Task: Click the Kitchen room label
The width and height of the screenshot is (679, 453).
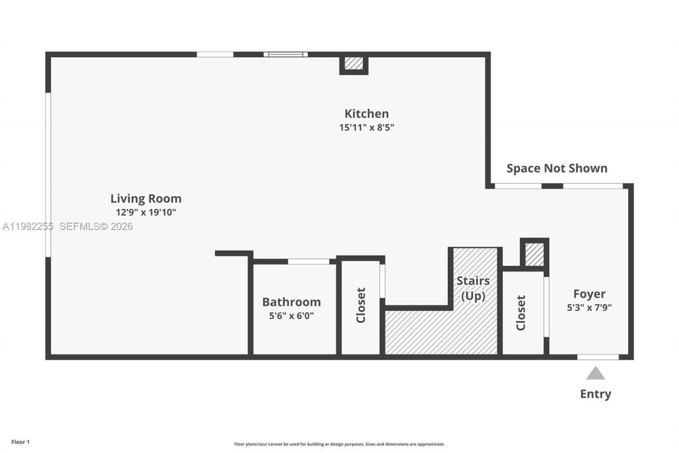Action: coord(367,114)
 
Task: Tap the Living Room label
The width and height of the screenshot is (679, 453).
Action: coord(146,199)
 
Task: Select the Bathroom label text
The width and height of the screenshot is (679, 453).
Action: coord(291,302)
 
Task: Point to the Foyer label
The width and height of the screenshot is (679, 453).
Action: coord(589,294)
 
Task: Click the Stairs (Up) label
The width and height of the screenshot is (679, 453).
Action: coord(473,288)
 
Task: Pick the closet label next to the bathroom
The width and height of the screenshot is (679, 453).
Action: coord(361,305)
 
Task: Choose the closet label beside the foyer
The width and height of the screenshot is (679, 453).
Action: coord(521,313)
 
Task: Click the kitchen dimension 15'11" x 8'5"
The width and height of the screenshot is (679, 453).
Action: coord(367,127)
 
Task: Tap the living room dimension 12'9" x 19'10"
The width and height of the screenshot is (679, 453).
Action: coord(146,212)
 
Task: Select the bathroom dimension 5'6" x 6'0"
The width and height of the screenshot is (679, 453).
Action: coord(291,315)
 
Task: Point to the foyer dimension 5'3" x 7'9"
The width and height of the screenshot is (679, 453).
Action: coord(589,307)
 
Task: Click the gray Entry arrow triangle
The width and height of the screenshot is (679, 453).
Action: coord(595,373)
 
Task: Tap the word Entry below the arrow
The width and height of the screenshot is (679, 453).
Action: coord(595,394)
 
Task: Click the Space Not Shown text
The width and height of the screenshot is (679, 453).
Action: coord(556,168)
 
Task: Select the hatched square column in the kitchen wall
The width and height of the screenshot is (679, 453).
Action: coord(354,64)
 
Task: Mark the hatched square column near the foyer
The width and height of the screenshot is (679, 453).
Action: coord(535,254)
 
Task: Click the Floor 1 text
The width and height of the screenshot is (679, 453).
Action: coord(21,442)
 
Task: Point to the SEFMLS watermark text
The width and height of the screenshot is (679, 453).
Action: coord(95,226)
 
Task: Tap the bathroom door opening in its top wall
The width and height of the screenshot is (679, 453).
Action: coord(308,261)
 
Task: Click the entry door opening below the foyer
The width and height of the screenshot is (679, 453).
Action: coord(598,357)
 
